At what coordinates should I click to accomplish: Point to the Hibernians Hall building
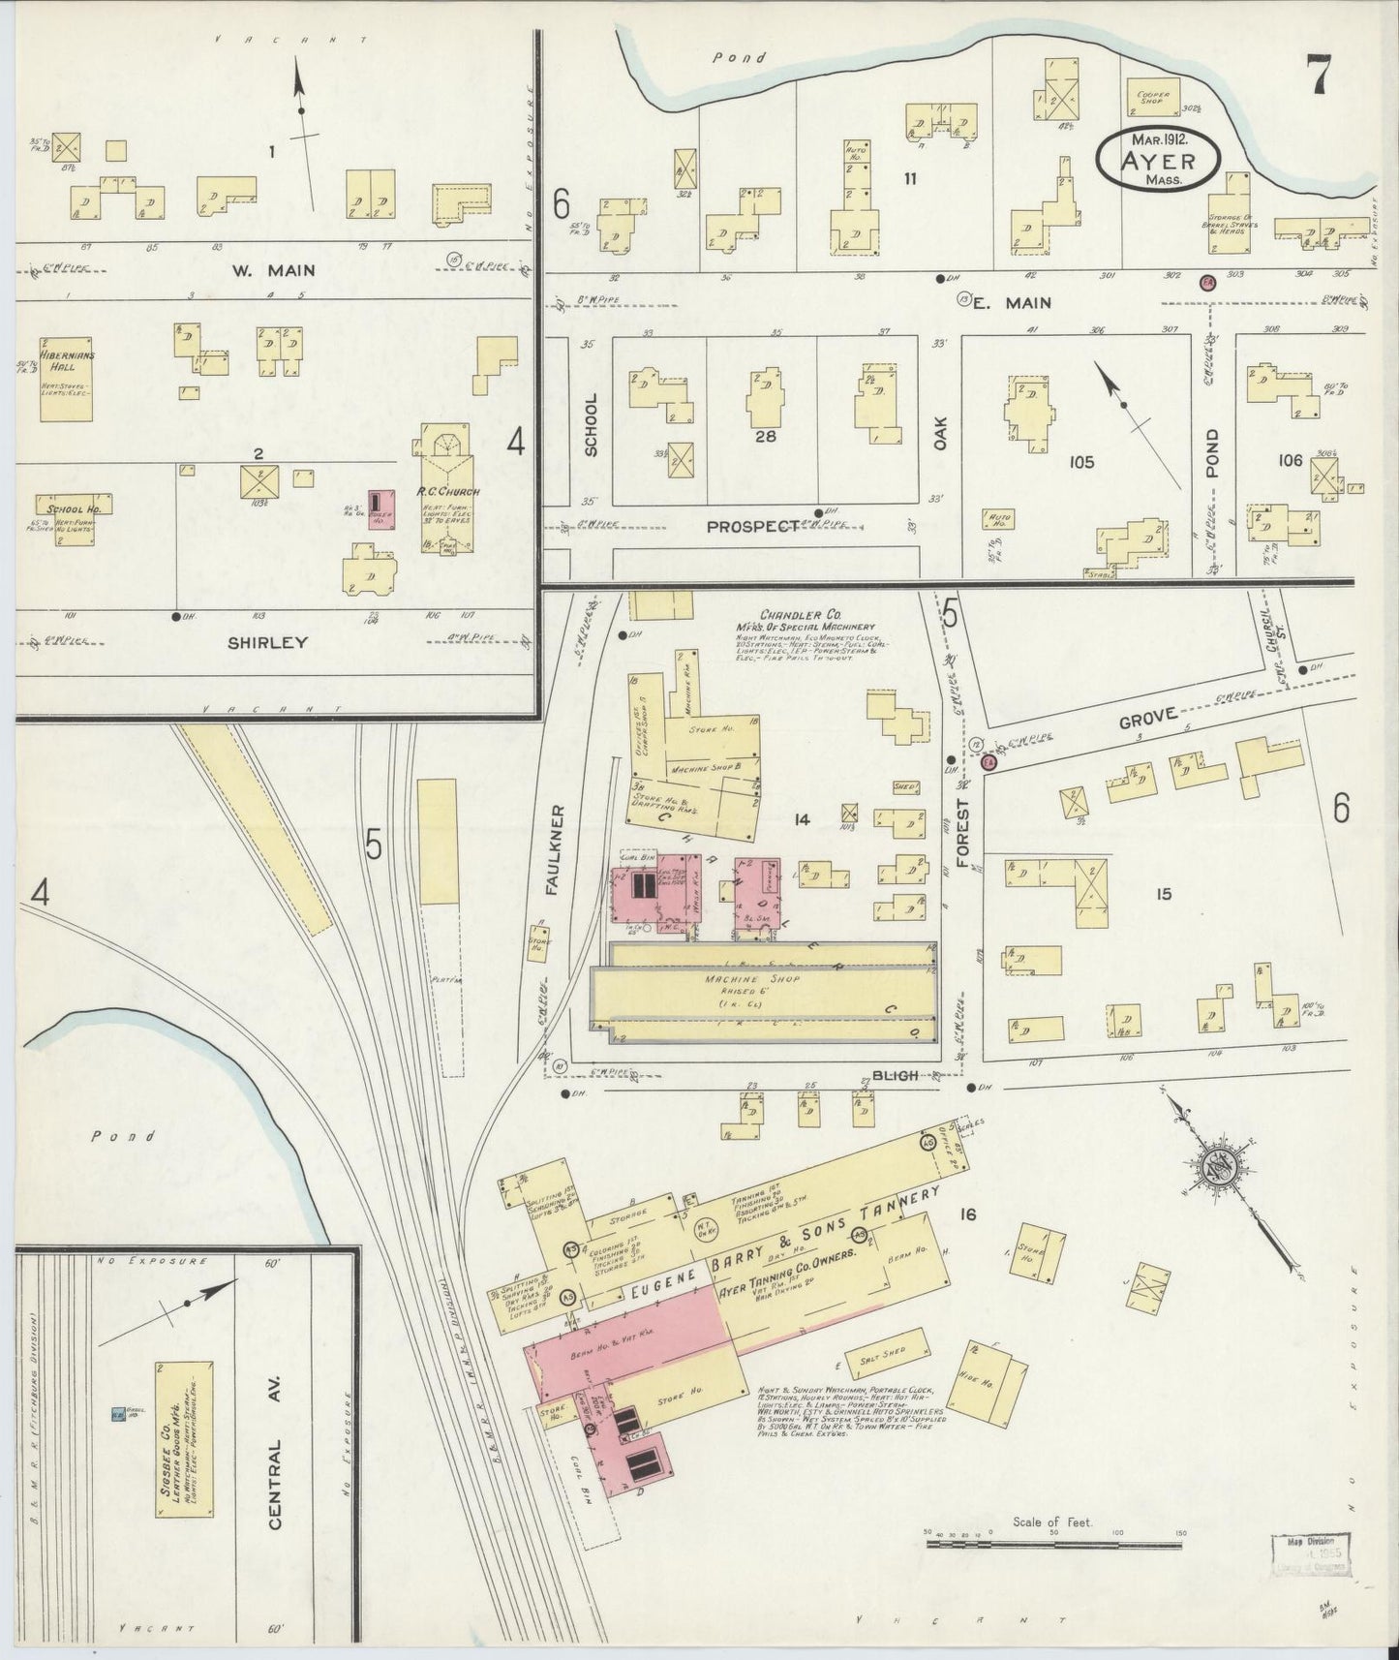(67, 379)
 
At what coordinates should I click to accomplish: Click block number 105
(1081, 462)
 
